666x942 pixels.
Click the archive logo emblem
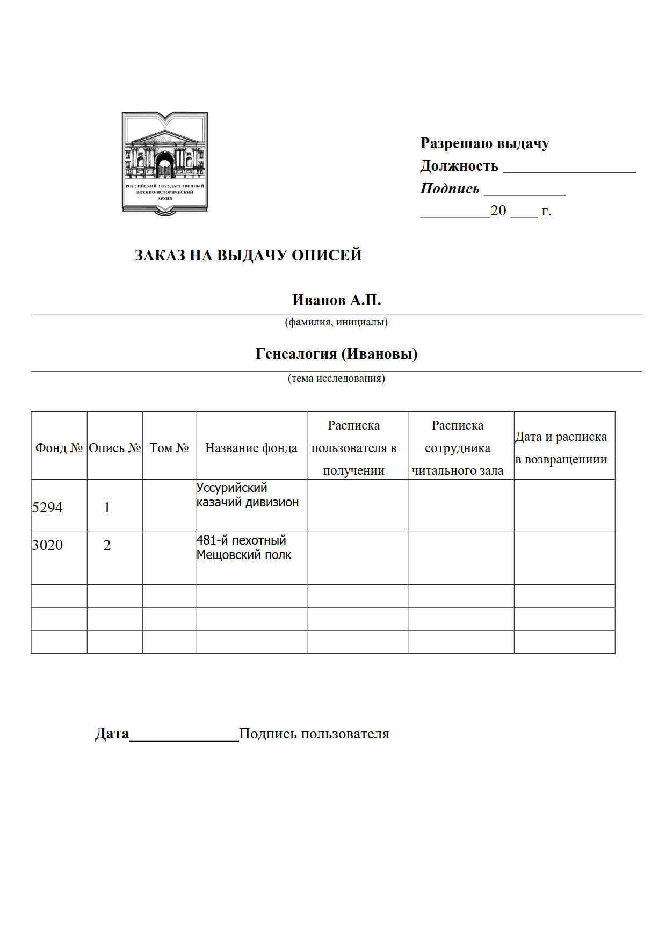165,163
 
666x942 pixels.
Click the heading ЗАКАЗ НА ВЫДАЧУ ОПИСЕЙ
248,255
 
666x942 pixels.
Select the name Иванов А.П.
336,300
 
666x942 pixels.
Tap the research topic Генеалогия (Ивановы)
336,354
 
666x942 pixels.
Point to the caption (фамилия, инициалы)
336,322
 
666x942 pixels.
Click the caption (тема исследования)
336,379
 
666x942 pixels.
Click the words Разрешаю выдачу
484,143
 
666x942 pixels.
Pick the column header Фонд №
59,448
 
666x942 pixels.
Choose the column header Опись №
114,448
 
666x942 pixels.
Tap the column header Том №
169,448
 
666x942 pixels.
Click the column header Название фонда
251,448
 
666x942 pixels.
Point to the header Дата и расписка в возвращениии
561,448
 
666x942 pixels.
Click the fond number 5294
47,508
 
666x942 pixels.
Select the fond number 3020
47,545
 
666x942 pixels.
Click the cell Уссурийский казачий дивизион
247,495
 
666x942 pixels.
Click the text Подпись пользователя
314,734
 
